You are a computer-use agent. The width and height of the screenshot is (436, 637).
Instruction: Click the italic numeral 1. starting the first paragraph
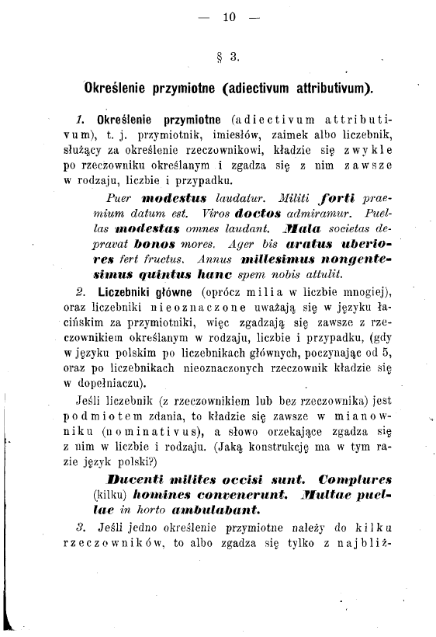coord(80,122)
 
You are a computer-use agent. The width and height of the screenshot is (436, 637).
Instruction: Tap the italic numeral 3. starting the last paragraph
coord(80,527)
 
